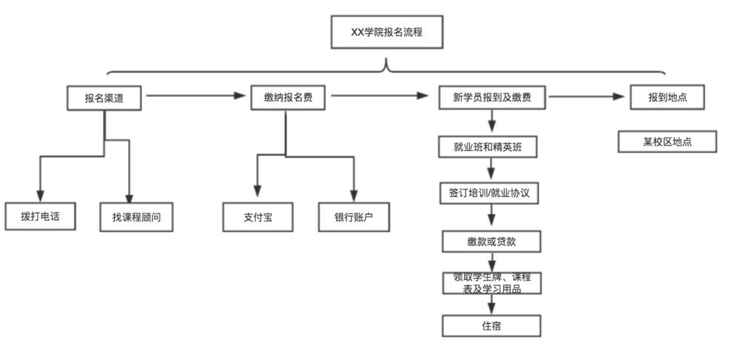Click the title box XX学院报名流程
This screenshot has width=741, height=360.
[x=386, y=33]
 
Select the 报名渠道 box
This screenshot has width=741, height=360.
[x=103, y=97]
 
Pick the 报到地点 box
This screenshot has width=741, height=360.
[x=666, y=97]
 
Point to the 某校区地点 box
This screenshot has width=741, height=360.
[x=667, y=141]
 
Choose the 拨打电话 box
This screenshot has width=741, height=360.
[x=40, y=217]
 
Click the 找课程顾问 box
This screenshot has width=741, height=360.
[x=136, y=218]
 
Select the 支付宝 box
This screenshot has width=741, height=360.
[x=258, y=218]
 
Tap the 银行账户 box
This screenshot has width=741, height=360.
[x=353, y=218]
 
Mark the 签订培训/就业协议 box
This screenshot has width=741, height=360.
[x=488, y=193]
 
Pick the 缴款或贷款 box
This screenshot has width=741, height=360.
[x=491, y=241]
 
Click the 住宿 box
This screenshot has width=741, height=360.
[x=491, y=325]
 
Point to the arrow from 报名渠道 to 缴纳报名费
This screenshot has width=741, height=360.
[x=196, y=96]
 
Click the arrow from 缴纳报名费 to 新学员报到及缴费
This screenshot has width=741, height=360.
[x=379, y=96]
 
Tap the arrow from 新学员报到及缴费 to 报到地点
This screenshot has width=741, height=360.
[x=585, y=96]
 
